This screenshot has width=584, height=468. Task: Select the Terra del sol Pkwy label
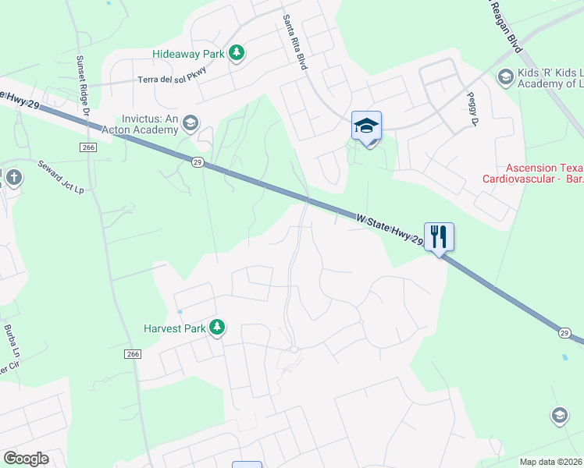pyautogui.click(x=175, y=79)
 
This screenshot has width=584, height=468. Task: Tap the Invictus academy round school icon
pyautogui.click(x=191, y=123)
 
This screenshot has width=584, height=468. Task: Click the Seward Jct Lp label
pyautogui.click(x=61, y=178)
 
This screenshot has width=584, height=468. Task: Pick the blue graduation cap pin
pyautogui.click(x=366, y=126)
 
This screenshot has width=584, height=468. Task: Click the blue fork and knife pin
pyautogui.click(x=439, y=236)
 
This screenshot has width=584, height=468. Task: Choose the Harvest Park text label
pyautogui.click(x=173, y=329)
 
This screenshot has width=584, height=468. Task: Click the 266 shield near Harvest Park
pyautogui.click(x=133, y=354)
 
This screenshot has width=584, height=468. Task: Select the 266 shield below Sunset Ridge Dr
pyautogui.click(x=87, y=147)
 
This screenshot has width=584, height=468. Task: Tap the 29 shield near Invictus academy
pyautogui.click(x=198, y=161)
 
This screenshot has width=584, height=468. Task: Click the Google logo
pyautogui.click(x=27, y=459)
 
